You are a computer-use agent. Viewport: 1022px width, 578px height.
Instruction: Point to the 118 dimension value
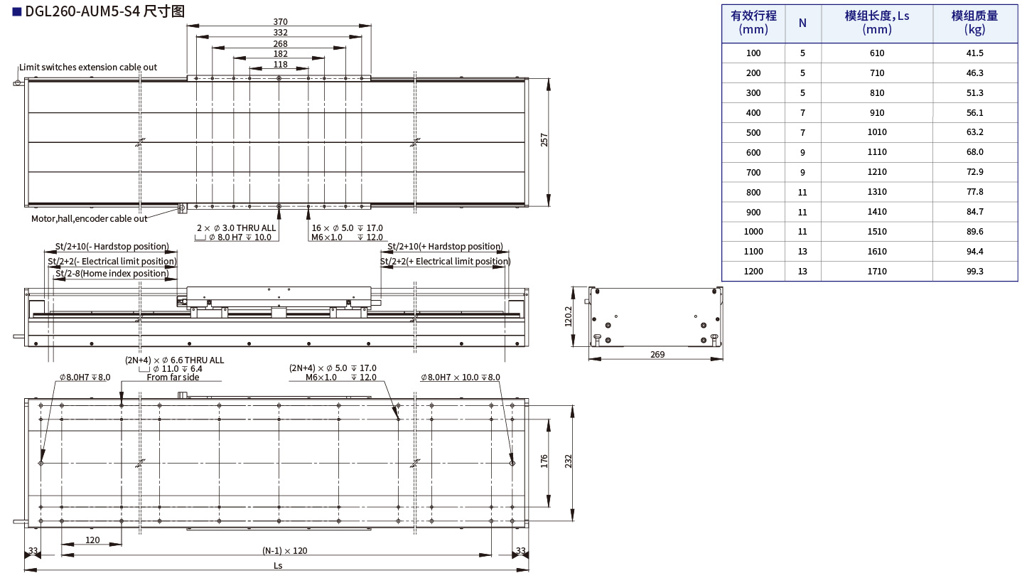(280, 65)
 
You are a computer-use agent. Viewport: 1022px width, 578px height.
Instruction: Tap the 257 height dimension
(544, 141)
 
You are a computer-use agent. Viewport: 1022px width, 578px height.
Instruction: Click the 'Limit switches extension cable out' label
(88, 67)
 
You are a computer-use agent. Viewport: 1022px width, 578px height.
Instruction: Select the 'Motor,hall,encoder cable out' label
(90, 218)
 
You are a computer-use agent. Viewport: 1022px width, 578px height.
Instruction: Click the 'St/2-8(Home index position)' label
(112, 274)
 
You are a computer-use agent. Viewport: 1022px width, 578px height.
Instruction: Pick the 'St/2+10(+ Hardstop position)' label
(445, 247)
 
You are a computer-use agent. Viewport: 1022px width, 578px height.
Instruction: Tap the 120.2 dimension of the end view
(568, 317)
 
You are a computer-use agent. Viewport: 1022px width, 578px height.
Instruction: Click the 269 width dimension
(657, 354)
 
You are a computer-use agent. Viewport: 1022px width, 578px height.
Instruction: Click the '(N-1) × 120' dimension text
(284, 550)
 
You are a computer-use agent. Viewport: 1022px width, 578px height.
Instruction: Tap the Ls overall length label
(278, 565)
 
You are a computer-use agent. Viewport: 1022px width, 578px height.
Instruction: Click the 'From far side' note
(173, 378)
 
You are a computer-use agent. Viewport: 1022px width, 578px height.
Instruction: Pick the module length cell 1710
(876, 271)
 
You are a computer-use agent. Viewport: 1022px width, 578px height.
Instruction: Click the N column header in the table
(802, 23)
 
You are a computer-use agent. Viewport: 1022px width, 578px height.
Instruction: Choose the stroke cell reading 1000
(753, 231)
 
